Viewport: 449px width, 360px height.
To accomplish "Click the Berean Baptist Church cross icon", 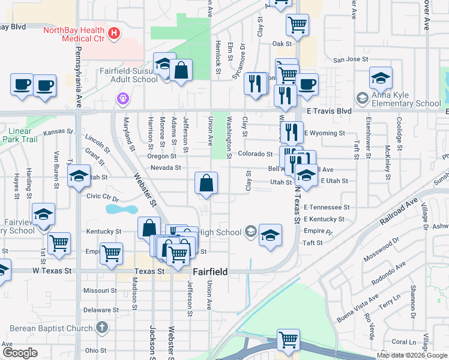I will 102,328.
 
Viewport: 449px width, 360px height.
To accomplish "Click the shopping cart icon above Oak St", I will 298,26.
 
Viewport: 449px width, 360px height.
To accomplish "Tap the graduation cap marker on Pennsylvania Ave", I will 79,177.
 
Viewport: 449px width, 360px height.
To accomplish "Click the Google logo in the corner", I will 20,353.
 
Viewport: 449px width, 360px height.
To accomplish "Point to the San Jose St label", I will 351,59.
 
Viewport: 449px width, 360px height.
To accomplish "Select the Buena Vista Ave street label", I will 358,308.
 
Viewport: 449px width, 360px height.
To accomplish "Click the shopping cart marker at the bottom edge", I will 289,340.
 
